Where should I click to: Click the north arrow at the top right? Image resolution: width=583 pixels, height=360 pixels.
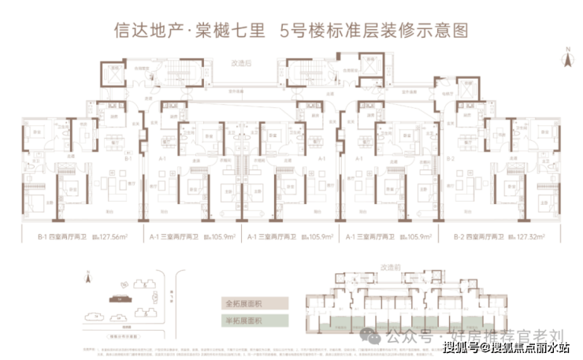(565, 54)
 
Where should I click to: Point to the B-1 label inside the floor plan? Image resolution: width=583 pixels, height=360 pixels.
(127, 158)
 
